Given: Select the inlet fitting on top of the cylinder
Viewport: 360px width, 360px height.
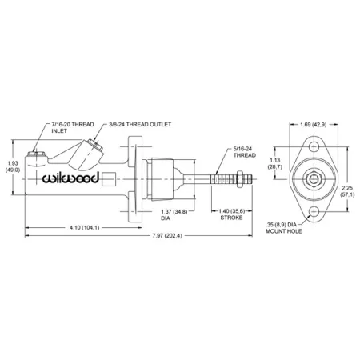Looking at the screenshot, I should [x=38, y=154].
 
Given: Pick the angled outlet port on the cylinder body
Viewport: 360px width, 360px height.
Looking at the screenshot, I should [x=89, y=156].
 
